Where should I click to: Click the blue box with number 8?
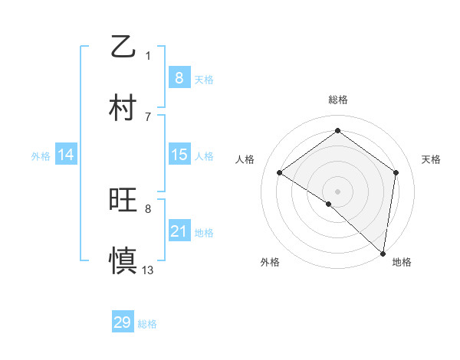[x=179, y=77]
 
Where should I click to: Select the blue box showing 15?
[x=179, y=155]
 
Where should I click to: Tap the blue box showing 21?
[x=179, y=231]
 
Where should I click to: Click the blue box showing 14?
[x=66, y=155]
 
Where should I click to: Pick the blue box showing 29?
[x=123, y=322]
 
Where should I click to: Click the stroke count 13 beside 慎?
[x=148, y=270]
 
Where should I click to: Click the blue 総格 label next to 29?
[x=147, y=324]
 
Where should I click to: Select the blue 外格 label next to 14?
[x=41, y=156]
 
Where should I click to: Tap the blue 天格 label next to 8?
[x=204, y=79]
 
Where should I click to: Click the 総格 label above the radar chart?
[x=337, y=100]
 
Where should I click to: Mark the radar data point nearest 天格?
[x=396, y=172]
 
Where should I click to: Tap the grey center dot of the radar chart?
[x=337, y=191]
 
